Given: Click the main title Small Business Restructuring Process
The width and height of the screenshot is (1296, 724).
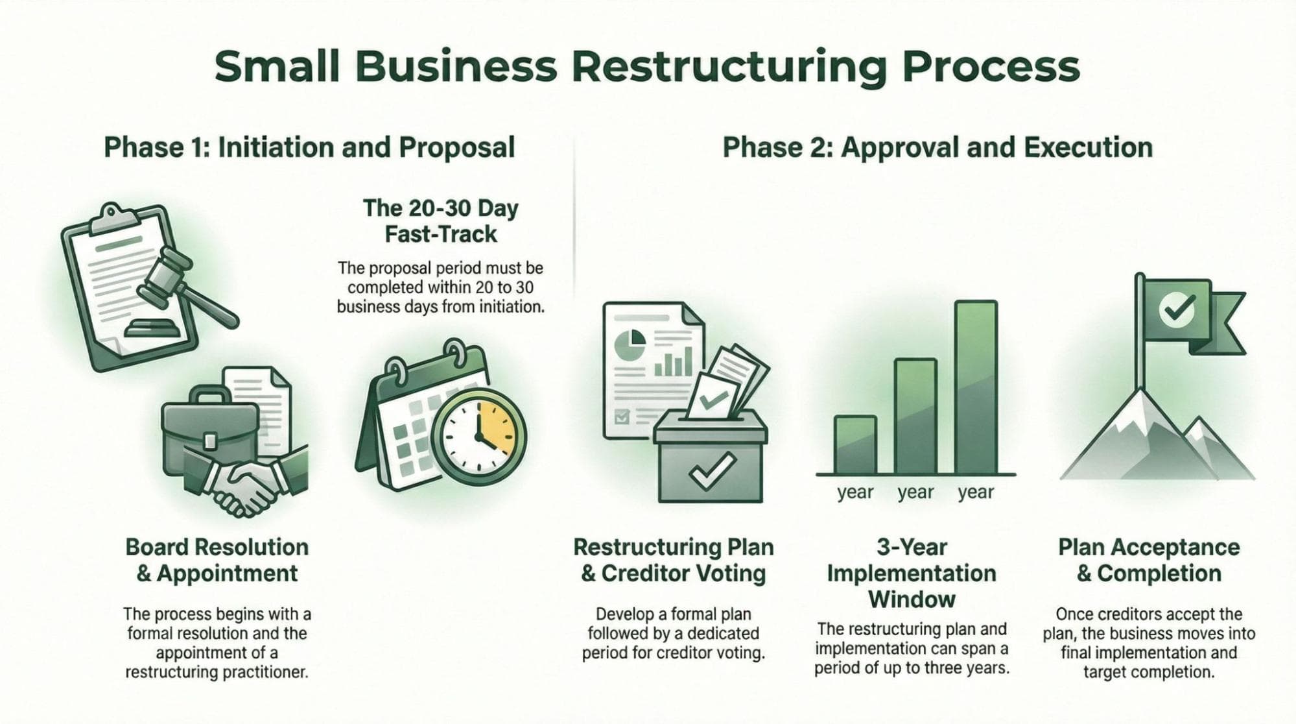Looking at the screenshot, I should point(647,67).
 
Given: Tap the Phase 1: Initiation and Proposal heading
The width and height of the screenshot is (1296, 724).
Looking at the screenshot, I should point(309,147).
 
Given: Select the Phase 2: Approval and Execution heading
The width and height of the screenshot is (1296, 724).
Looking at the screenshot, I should point(937,147).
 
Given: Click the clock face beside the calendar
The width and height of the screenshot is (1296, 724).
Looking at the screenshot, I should point(478,434).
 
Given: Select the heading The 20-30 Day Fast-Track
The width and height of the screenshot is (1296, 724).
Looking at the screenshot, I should point(441,221).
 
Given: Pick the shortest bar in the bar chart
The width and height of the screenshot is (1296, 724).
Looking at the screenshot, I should point(855,445).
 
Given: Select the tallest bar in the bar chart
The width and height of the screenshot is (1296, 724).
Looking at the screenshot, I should point(976,387).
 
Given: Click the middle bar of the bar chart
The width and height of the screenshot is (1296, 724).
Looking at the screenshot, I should point(915,416).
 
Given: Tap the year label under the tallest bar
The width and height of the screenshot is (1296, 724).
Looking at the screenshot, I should point(976,492).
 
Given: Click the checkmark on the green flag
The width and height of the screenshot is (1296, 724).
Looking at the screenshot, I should point(1177,309).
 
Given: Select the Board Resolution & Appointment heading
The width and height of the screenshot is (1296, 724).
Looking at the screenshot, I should point(217,560).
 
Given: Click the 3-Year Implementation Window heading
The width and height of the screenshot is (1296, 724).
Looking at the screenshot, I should point(912,573).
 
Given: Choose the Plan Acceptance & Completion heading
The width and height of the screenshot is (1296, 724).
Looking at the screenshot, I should point(1149,560).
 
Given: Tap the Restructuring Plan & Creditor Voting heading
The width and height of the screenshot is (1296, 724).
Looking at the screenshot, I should point(674,560).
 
